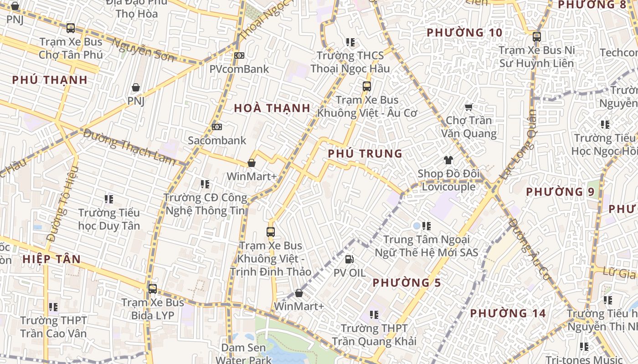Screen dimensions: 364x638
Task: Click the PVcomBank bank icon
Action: pyautogui.click(x=239, y=56)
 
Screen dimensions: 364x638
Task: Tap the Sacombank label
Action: pyautogui.click(x=217, y=141)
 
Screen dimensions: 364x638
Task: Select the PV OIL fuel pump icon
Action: pyautogui.click(x=350, y=259)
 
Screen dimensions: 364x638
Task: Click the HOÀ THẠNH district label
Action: pyautogui.click(x=272, y=108)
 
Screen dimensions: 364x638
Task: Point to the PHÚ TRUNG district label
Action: pyautogui.click(x=365, y=154)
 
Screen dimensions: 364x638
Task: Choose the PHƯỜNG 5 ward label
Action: pyautogui.click(x=406, y=283)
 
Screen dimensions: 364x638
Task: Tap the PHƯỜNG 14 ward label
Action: pyautogui.click(x=508, y=313)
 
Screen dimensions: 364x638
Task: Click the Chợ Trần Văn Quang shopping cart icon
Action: pyautogui.click(x=468, y=107)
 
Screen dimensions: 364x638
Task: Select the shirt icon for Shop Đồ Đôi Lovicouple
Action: pyautogui.click(x=448, y=160)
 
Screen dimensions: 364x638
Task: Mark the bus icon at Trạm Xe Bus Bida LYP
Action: pyautogui.click(x=153, y=288)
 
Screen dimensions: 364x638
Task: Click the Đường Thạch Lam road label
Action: pyautogui.click(x=129, y=147)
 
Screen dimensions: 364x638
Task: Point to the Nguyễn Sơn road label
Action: pyautogui.click(x=143, y=50)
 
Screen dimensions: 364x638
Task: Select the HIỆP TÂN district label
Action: pyautogui.click(x=51, y=259)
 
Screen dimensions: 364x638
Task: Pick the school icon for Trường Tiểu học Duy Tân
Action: pyautogui.click(x=109, y=199)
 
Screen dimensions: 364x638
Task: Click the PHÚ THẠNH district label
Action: pyautogui.click(x=50, y=80)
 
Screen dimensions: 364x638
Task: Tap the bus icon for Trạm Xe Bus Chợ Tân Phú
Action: pyautogui.click(x=71, y=28)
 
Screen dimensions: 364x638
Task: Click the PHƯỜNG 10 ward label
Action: pyautogui.click(x=464, y=33)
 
